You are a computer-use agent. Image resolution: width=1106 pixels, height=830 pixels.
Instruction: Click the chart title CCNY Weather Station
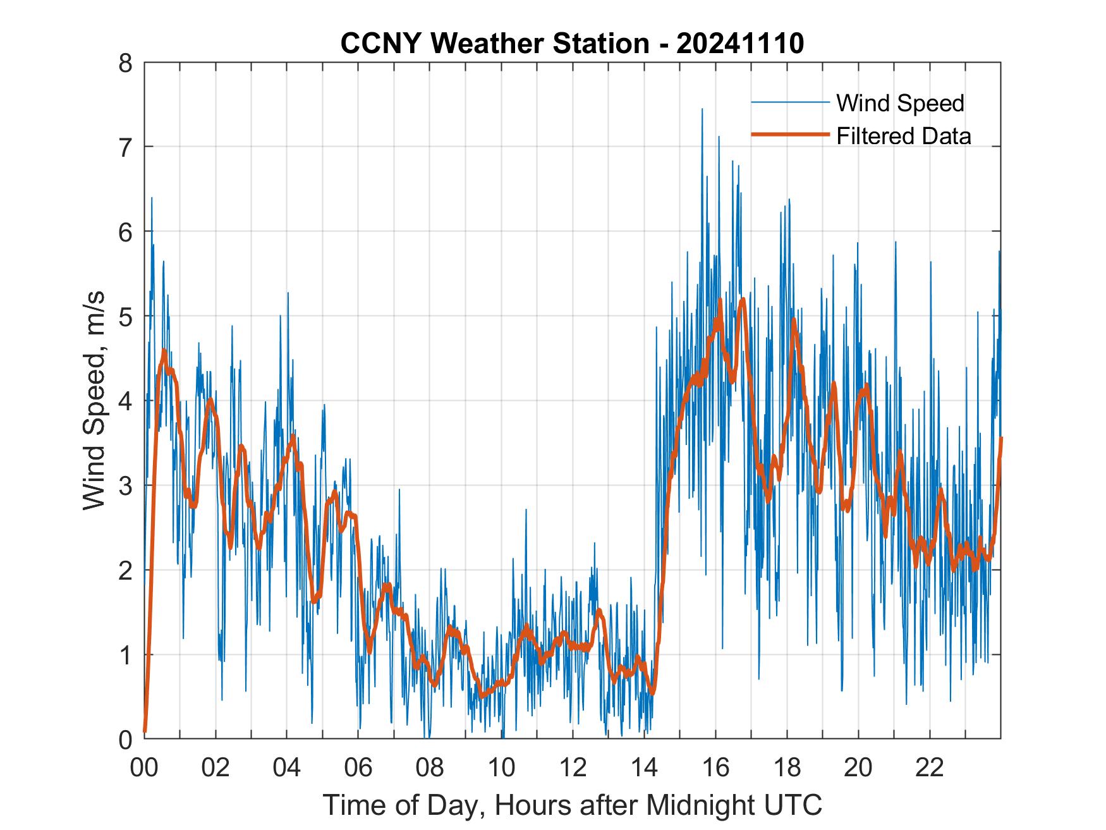(494, 44)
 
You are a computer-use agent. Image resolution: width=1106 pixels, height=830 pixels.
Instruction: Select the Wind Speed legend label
(900, 103)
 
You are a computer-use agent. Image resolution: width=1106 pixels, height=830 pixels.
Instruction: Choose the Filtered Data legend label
(903, 136)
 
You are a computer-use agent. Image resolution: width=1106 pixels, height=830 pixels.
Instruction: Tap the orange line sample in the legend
(789, 135)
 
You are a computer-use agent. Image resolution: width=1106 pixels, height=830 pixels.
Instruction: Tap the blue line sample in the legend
(789, 102)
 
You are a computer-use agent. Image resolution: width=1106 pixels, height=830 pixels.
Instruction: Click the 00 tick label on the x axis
(144, 768)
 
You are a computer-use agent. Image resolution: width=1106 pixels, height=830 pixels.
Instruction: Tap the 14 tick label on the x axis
(644, 768)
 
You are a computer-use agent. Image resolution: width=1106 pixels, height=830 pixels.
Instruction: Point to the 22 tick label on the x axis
(930, 768)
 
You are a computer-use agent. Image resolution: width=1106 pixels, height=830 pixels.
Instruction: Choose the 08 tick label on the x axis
(430, 768)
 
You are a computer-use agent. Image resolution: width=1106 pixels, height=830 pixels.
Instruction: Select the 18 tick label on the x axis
(787, 768)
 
